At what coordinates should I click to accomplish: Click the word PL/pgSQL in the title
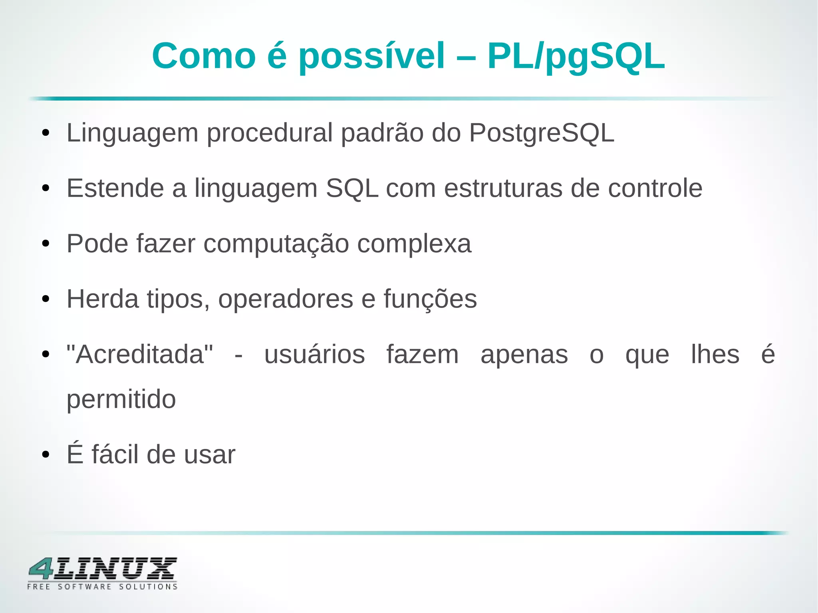point(576,57)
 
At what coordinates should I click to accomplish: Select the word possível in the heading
point(371,57)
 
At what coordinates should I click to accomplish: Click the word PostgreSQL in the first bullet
point(542,133)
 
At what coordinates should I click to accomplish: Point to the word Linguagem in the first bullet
point(132,133)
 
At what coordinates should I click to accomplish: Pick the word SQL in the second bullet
point(352,188)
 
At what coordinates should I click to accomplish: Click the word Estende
point(115,188)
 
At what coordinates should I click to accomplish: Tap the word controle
point(655,188)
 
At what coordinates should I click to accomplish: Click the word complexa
point(414,244)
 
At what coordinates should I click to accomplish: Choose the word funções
point(430,299)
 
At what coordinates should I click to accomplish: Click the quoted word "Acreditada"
point(140,354)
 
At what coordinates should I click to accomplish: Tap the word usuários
point(315,354)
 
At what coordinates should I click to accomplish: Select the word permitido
point(121,399)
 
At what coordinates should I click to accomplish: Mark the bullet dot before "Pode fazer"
point(46,244)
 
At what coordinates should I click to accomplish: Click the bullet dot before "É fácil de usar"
point(46,454)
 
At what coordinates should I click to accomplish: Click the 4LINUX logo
point(103,569)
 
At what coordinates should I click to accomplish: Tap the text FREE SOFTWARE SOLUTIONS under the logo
point(102,587)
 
